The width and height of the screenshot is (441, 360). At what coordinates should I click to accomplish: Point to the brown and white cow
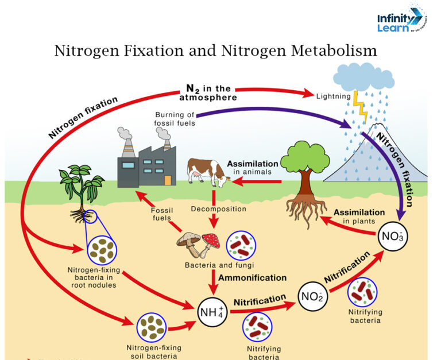[x=207, y=172]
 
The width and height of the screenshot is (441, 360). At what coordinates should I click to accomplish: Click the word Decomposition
[x=218, y=209]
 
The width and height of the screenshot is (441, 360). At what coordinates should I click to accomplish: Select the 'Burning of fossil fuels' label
[x=175, y=118]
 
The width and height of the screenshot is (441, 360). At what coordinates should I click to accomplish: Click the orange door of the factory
[x=168, y=179]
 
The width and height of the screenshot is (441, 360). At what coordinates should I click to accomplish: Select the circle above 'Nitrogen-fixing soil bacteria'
[x=152, y=327]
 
